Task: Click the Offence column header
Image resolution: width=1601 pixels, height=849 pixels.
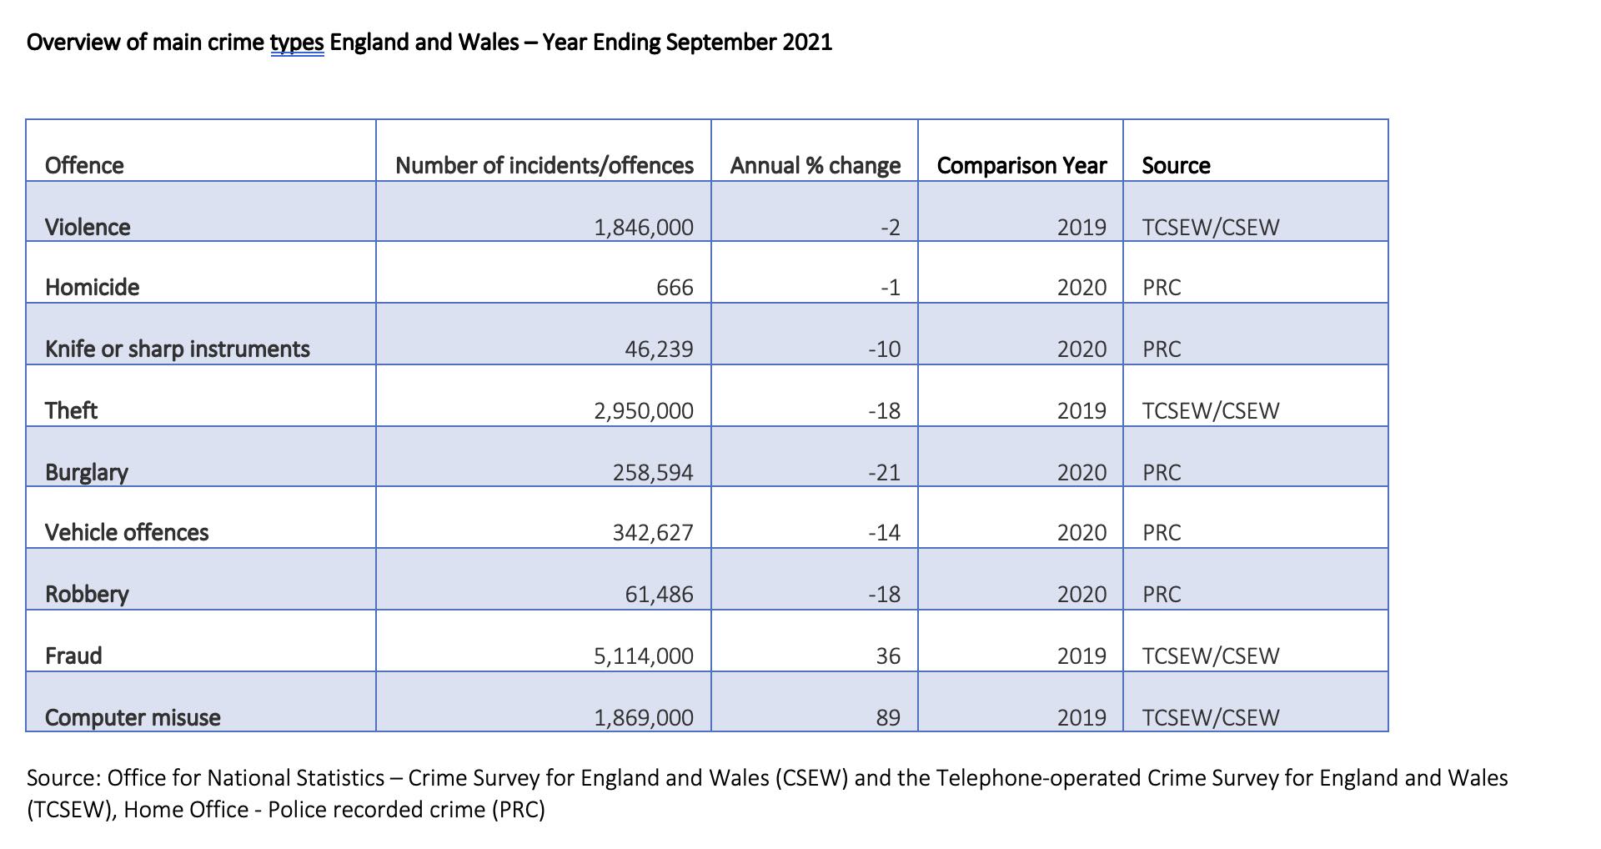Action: [x=84, y=165]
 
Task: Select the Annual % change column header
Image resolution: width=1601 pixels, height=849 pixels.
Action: [x=816, y=165]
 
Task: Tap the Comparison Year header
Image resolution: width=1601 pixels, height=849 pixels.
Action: [x=1021, y=165]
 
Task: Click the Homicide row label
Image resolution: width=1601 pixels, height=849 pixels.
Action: [x=92, y=287]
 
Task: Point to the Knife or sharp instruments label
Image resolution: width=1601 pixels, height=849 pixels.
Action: [x=178, y=349]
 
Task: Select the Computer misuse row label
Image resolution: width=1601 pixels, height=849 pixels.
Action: [x=133, y=717]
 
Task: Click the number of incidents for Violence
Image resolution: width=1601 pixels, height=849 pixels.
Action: [x=643, y=227]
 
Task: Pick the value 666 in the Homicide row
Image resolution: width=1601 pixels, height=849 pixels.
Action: [x=675, y=287]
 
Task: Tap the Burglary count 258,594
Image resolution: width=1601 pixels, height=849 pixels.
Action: [x=653, y=472]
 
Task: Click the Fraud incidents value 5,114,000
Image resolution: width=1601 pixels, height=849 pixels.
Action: [x=643, y=656]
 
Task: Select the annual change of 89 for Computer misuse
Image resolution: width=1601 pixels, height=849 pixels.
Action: [x=888, y=717]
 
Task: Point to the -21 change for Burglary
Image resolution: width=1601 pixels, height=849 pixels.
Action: [x=884, y=472]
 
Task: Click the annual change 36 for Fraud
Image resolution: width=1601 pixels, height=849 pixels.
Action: [x=888, y=656]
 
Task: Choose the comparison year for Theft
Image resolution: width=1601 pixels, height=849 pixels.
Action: [x=1082, y=410]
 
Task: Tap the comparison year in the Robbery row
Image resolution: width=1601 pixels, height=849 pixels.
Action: [x=1082, y=594]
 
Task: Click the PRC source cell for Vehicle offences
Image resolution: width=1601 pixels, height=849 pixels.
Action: [x=1162, y=532]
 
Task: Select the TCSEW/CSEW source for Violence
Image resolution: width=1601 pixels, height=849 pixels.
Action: [x=1210, y=227]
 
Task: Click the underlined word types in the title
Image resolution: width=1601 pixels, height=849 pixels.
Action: [x=297, y=43]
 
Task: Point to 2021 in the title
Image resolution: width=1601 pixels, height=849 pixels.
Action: [x=807, y=42]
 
